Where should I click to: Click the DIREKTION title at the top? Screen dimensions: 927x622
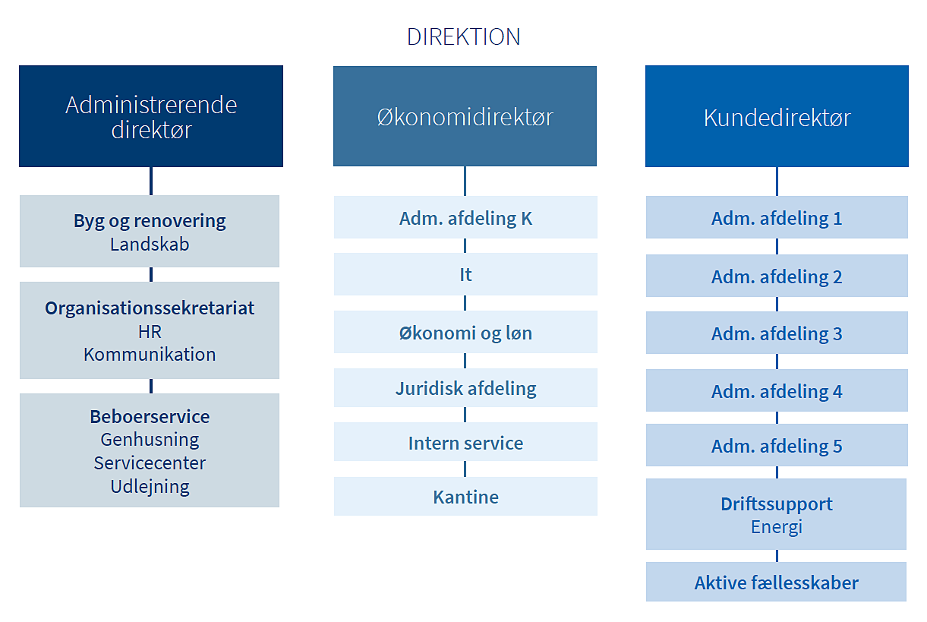463,36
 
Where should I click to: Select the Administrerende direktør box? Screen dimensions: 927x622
151,116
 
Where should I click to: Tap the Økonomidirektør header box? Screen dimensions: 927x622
465,116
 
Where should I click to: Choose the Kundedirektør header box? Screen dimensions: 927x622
777,116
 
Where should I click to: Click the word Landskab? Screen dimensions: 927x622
150,244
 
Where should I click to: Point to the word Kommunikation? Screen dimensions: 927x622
150,355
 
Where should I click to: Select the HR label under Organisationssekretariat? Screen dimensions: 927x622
150,331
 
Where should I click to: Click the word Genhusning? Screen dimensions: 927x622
150,440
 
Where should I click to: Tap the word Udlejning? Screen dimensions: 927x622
150,487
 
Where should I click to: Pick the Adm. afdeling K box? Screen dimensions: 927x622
465,217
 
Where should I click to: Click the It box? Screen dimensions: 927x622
465,274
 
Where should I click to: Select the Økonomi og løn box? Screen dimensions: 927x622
465,332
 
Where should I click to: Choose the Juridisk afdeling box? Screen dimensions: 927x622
465,388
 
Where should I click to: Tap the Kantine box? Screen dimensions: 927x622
465,496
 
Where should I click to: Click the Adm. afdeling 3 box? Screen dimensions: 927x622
777,333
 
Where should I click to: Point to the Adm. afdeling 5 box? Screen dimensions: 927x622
777,445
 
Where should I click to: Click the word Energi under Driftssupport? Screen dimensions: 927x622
777,527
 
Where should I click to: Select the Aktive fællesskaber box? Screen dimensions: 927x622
776,582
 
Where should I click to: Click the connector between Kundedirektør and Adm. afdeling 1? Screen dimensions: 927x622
777,182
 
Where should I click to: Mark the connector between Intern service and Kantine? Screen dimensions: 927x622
465,469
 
